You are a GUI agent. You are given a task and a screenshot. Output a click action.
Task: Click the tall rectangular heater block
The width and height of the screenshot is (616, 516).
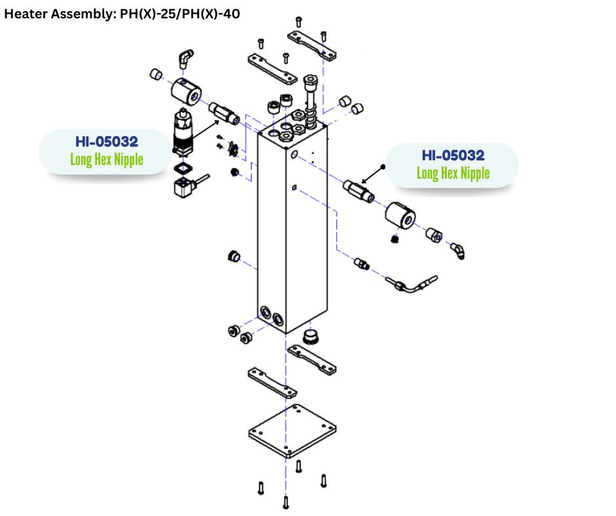point(292,229)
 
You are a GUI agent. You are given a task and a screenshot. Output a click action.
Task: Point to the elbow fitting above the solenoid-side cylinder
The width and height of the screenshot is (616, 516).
point(185,58)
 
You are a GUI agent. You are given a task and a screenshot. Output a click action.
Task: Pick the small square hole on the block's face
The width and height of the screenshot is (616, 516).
point(295,189)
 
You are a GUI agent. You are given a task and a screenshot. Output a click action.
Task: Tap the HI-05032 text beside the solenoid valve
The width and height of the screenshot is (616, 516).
point(106,141)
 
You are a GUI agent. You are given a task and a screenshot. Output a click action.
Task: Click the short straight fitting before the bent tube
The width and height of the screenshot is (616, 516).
point(361,264)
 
